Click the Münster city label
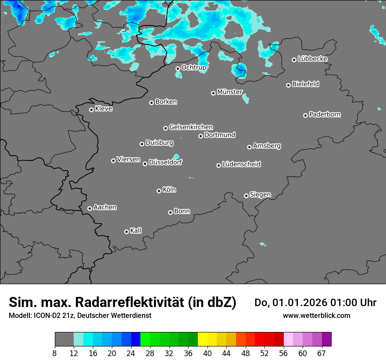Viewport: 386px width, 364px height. [x=230, y=92]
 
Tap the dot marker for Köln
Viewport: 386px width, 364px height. [x=159, y=191]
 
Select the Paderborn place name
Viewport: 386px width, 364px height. [x=325, y=114]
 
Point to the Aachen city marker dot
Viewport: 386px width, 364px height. [x=89, y=208]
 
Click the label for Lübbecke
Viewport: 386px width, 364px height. [x=313, y=59]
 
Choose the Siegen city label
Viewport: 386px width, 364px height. [x=260, y=195]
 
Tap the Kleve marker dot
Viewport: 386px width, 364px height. [x=91, y=110]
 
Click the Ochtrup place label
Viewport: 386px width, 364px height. [x=194, y=68]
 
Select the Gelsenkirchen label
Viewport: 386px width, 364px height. [x=191, y=127]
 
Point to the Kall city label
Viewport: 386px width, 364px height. [x=136, y=231]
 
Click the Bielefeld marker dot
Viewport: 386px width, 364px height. [x=288, y=85]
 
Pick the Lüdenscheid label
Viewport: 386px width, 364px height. [x=241, y=164]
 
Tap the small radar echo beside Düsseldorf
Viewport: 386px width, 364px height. [x=176, y=157]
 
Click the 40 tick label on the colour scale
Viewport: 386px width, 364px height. [x=207, y=353]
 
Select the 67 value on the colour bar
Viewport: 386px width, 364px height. [x=322, y=353]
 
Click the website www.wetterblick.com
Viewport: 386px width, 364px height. [x=316, y=315]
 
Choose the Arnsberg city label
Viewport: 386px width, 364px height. [x=267, y=146]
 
